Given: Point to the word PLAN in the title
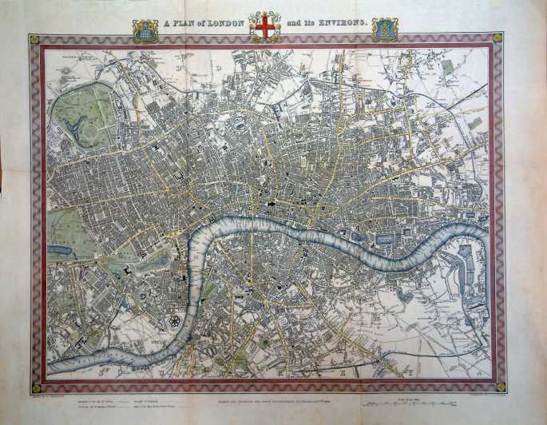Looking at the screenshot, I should click(183, 24).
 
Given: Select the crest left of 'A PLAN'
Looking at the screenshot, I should click(145, 30).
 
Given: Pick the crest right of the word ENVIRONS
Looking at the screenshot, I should click(385, 29).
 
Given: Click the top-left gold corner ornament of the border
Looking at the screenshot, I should click(34, 38).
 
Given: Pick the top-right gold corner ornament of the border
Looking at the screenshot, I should click(497, 38).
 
